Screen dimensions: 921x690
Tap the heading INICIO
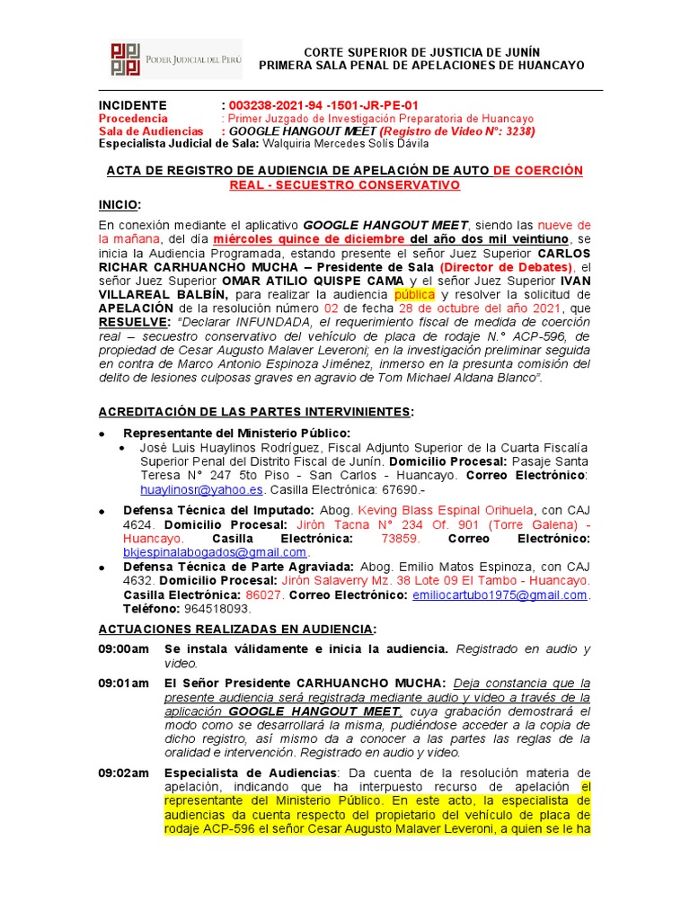[x=119, y=205]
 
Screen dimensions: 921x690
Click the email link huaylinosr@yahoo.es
[x=202, y=489]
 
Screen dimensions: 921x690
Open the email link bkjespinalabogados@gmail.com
[x=215, y=551]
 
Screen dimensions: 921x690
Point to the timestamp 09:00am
[x=123, y=648]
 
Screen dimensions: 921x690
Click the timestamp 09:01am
[x=123, y=683]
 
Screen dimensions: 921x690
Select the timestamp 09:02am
[x=123, y=773]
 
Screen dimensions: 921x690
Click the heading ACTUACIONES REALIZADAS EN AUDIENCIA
[x=237, y=628]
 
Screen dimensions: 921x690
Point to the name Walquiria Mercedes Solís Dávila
[x=348, y=143]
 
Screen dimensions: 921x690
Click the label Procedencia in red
[x=133, y=118]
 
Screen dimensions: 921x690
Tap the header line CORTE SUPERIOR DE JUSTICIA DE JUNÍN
[x=421, y=52]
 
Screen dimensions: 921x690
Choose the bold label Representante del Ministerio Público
[x=236, y=434]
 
